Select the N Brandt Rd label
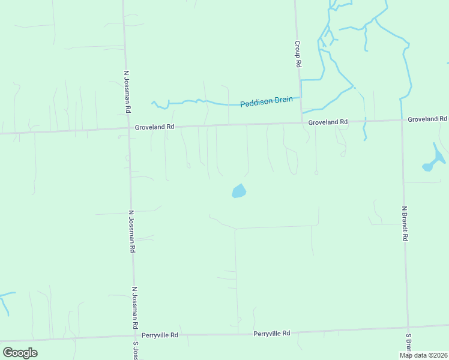click(405, 224)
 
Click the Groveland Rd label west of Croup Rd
click(154, 127)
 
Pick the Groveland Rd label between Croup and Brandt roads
click(328, 122)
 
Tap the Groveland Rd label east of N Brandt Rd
click(427, 119)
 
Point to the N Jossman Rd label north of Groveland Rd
click(127, 92)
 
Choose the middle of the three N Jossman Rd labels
click(131, 232)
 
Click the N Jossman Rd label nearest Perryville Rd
click(136, 307)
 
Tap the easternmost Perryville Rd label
click(271, 333)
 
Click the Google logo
click(20, 353)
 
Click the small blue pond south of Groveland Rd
click(239, 191)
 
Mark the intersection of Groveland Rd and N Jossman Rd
click(128, 127)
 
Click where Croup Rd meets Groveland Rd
click(301, 123)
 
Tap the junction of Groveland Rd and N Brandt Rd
click(402, 120)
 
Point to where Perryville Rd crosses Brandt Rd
click(409, 327)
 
